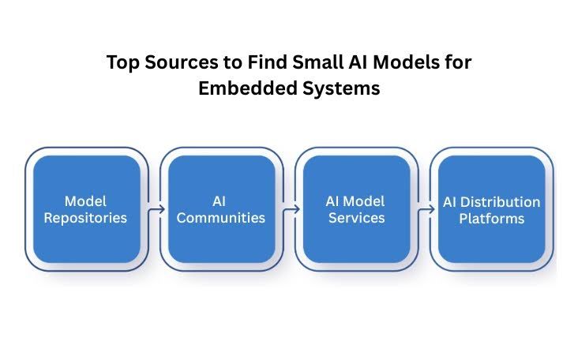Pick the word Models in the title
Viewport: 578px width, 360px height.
point(408,63)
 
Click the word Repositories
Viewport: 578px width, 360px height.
point(85,218)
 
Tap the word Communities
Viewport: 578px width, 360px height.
point(220,218)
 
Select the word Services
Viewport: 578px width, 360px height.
point(356,218)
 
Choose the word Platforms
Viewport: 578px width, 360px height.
point(491,218)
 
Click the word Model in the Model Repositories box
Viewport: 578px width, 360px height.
point(85,202)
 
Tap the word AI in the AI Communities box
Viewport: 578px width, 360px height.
point(220,202)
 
